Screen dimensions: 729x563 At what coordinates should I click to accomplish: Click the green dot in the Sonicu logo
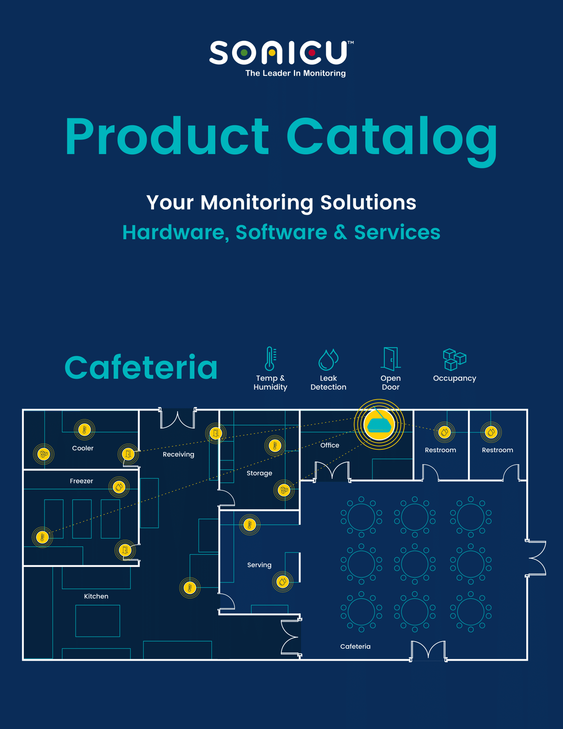[244, 53]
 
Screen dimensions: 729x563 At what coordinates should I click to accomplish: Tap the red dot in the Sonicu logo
[312, 53]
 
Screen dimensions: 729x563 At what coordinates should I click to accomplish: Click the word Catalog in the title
[392, 137]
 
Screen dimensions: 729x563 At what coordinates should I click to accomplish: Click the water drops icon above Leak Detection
[328, 359]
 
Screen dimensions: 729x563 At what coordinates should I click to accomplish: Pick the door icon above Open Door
[390, 358]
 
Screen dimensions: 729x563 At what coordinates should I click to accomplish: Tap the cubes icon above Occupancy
[454, 359]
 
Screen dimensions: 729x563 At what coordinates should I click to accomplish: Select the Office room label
[329, 445]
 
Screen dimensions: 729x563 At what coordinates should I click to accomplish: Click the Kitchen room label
[96, 596]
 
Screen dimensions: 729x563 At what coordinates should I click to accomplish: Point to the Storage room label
[259, 473]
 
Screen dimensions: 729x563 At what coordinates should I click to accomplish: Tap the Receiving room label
[178, 454]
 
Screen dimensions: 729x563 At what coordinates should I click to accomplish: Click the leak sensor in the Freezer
[119, 487]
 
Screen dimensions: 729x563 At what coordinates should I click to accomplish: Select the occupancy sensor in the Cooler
[44, 454]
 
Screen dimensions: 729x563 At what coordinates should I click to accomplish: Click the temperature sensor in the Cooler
[85, 430]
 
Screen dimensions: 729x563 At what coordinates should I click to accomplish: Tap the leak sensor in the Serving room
[282, 581]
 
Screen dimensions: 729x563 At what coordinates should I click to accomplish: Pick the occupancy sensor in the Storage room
[284, 490]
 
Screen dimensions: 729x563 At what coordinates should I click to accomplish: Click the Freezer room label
[81, 481]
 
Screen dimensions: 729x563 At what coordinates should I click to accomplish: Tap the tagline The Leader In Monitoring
[295, 73]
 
